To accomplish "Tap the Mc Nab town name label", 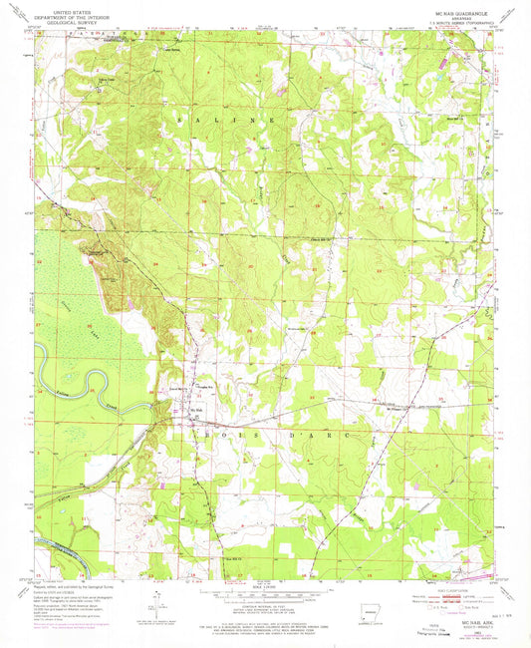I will pos(196,406).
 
